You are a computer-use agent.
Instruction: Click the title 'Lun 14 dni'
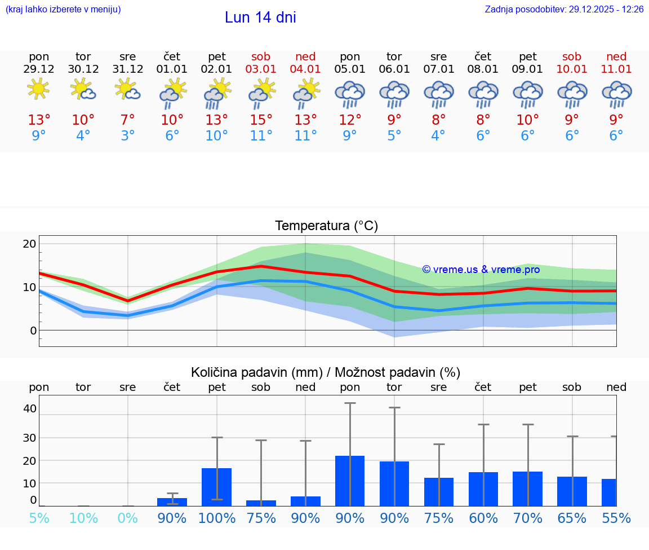[260, 17]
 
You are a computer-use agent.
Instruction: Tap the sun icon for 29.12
[38, 89]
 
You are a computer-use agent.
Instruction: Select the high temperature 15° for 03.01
[261, 120]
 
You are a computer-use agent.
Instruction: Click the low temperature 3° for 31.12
[128, 136]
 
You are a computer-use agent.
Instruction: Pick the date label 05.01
[350, 69]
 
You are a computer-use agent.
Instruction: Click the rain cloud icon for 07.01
[438, 94]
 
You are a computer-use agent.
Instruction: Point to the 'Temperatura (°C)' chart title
[326, 226]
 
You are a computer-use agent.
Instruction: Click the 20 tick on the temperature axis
[29, 244]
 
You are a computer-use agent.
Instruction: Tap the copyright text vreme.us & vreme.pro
[481, 270]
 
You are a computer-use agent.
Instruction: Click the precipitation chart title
[326, 372]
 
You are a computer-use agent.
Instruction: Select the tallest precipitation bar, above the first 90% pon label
[350, 481]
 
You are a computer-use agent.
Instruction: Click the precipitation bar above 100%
[217, 487]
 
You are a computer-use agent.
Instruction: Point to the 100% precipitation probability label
[217, 518]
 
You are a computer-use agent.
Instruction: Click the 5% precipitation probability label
[39, 518]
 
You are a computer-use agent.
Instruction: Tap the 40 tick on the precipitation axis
[29, 408]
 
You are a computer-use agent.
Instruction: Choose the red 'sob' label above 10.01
[572, 57]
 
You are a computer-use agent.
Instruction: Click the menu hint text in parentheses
[63, 10]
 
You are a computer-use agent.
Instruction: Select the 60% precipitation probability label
[483, 518]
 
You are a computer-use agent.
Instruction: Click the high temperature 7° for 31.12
[128, 120]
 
